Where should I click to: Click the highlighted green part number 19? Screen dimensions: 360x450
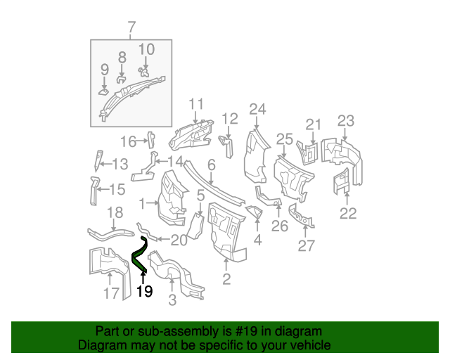pos(139,254)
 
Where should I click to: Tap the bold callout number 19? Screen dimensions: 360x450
pos(144,291)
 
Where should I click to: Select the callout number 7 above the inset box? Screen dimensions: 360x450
pos(131,28)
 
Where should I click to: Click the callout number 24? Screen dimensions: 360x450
pos(258,109)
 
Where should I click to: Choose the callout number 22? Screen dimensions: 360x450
pos(348,213)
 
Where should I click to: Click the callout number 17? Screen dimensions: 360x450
pos(112,293)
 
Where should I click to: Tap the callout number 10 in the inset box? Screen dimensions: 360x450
pos(146,49)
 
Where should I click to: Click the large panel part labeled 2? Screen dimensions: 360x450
pos(224,229)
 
